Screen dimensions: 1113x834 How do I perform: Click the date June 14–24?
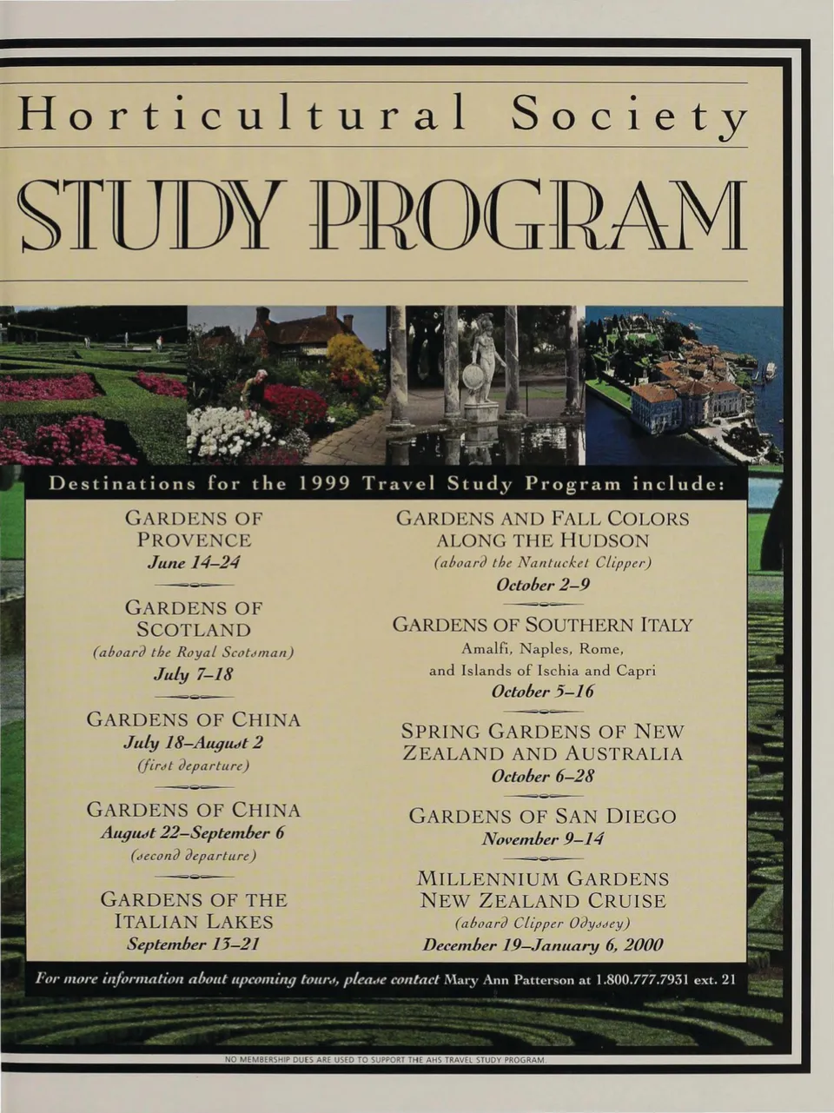pyautogui.click(x=193, y=562)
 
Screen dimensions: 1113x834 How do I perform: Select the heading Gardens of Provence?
pyautogui.click(x=193, y=528)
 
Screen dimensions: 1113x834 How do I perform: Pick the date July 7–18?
pyautogui.click(x=193, y=674)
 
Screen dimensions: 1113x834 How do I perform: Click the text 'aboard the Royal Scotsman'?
pyautogui.click(x=193, y=652)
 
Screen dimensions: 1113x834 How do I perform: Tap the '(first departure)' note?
pyautogui.click(x=193, y=765)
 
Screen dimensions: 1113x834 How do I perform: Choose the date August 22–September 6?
pyautogui.click(x=193, y=832)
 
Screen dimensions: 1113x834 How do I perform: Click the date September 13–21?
pyautogui.click(x=193, y=944)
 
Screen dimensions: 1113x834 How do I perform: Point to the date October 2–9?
pyautogui.click(x=542, y=585)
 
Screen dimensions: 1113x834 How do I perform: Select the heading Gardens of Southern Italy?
pyautogui.click(x=542, y=625)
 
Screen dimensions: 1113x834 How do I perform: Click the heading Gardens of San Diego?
pyautogui.click(x=542, y=816)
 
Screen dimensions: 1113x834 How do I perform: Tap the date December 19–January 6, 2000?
pyautogui.click(x=542, y=945)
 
